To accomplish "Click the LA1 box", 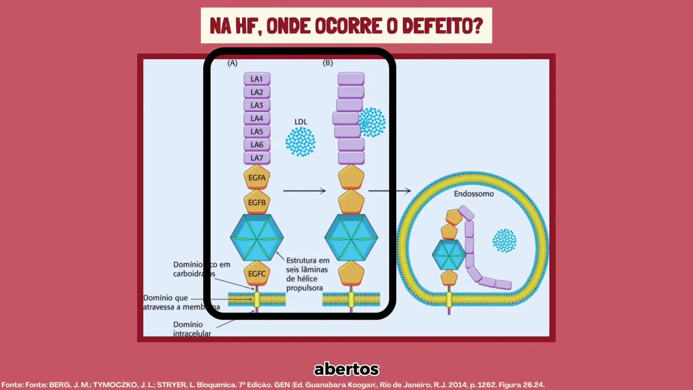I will (x=257, y=79).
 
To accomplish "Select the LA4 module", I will (x=257, y=119).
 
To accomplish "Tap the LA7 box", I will (x=257, y=158).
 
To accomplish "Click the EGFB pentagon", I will (x=257, y=203).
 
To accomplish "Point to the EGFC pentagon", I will (x=257, y=274).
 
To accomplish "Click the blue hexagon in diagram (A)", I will (x=257, y=237).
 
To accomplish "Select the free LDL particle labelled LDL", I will (x=300, y=141).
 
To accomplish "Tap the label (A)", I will (x=232, y=63).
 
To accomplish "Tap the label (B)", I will (x=328, y=63).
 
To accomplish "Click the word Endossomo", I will (x=474, y=193).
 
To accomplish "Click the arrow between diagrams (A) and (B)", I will (x=304, y=191).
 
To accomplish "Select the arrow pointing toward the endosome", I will (x=389, y=191).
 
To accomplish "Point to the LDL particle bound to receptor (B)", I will (x=372, y=122).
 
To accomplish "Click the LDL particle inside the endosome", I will (x=504, y=240).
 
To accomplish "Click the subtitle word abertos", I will (x=346, y=369).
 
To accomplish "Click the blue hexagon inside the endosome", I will (x=449, y=254).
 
